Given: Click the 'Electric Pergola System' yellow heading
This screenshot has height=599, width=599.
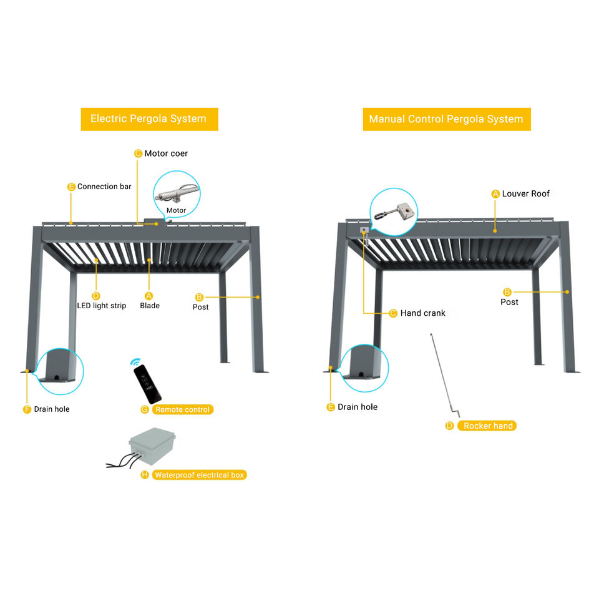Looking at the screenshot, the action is click(x=149, y=119).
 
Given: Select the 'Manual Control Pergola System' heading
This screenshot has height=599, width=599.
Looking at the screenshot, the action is click(x=446, y=119).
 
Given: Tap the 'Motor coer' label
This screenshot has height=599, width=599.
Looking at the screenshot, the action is click(x=166, y=153).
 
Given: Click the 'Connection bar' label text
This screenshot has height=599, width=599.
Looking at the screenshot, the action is click(x=104, y=187).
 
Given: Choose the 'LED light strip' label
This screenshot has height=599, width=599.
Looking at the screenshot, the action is click(x=101, y=306).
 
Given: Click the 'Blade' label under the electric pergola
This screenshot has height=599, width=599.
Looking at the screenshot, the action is click(x=150, y=306).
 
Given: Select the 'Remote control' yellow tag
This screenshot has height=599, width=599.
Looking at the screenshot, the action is click(x=183, y=409).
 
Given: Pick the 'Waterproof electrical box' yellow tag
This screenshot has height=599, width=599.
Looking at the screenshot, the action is click(x=199, y=475).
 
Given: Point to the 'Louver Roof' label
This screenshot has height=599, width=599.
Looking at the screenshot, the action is click(x=526, y=194).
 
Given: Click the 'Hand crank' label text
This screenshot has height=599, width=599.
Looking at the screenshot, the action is click(x=423, y=313).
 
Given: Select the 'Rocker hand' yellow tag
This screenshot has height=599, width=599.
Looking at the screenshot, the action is click(x=488, y=426).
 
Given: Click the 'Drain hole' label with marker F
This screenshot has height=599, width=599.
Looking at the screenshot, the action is click(x=52, y=409).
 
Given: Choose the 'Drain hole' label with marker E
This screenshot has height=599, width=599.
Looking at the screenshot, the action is click(x=358, y=407).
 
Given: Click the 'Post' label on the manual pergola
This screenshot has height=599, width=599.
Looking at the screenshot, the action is click(x=509, y=302).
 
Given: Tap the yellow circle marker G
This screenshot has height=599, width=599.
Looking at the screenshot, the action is click(x=145, y=409).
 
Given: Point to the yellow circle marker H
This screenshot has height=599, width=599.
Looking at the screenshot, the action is click(x=145, y=475).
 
